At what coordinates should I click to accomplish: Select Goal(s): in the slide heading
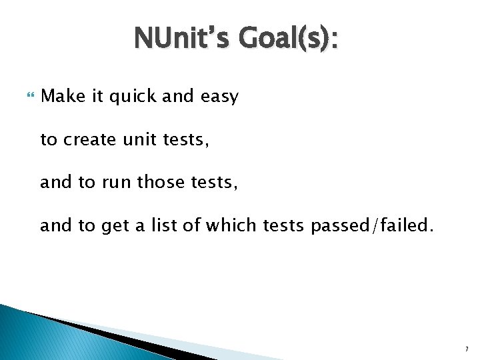tap(290, 40)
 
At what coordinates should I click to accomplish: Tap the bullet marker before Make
tap(27, 97)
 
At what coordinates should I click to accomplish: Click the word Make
tap(63, 97)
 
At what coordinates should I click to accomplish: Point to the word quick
tap(130, 97)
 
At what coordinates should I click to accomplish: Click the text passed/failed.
tap(371, 227)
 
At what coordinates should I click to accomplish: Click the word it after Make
tap(98, 97)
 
